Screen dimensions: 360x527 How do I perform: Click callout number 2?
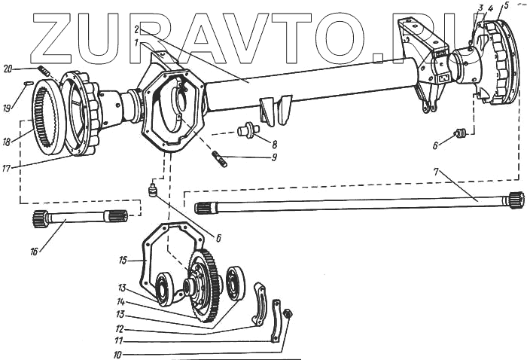[136, 29]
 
